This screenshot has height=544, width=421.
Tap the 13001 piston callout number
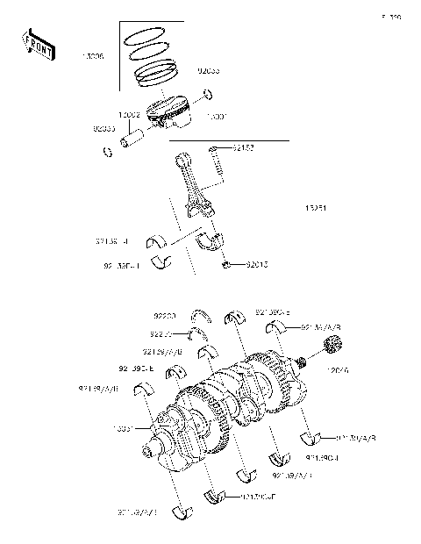click(x=217, y=116)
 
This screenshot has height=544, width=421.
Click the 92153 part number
click(x=244, y=148)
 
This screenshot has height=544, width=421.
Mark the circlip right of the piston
click(x=207, y=95)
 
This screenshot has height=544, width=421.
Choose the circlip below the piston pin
click(x=110, y=154)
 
